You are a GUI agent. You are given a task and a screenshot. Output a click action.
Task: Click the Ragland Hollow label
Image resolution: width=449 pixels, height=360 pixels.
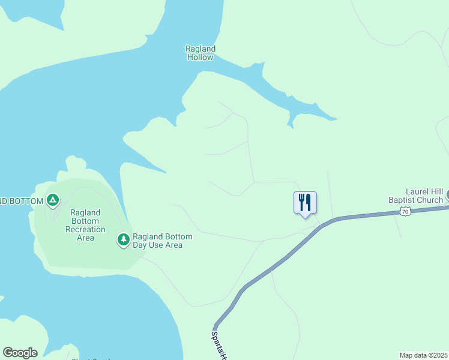pyautogui.click(x=200, y=53)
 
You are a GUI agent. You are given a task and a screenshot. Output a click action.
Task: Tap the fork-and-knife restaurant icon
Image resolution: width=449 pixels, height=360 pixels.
pyautogui.click(x=305, y=202)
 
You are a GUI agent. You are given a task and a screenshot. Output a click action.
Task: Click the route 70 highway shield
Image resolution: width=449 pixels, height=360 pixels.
pyautogui.click(x=405, y=211)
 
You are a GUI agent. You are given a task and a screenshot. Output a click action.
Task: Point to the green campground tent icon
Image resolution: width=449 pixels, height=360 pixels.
pyautogui.click(x=53, y=200)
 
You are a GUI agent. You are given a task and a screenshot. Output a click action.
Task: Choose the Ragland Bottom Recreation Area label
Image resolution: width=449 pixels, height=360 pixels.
pyautogui.click(x=88, y=225)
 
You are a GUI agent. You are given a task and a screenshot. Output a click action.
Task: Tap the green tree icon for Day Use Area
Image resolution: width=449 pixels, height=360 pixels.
pyautogui.click(x=124, y=240)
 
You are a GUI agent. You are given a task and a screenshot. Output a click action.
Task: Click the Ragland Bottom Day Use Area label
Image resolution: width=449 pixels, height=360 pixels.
pyautogui.click(x=162, y=241)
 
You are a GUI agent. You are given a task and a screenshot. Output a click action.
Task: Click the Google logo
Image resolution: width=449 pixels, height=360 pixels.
pyautogui.click(x=20, y=353)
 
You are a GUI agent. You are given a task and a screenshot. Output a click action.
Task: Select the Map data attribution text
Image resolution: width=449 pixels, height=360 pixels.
pyautogui.click(x=424, y=355)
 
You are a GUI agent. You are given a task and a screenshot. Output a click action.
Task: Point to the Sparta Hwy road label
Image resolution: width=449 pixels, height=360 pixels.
pyautogui.click(x=220, y=345)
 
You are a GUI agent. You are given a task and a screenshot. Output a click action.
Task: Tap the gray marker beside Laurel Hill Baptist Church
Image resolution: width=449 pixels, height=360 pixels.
pyautogui.click(x=447, y=196)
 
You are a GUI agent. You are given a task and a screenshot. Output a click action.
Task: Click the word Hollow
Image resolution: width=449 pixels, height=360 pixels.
pyautogui.click(x=200, y=58)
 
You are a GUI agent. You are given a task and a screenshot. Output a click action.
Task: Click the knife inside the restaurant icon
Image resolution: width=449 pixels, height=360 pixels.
pyautogui.click(x=309, y=202)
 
